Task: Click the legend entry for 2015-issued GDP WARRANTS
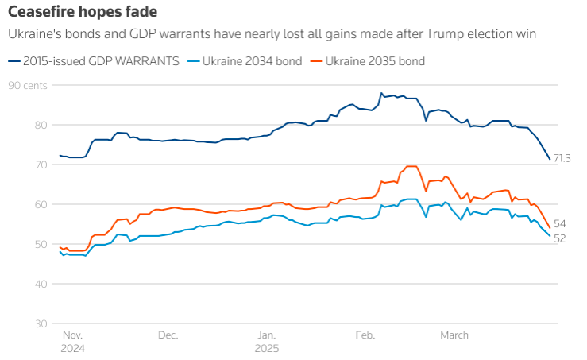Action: tap(100, 61)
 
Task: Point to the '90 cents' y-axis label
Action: tap(29, 85)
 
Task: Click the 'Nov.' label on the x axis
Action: tap(71, 335)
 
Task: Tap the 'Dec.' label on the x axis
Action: tap(168, 335)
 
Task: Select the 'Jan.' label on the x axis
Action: tap(266, 335)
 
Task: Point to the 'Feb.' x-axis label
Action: tap(365, 335)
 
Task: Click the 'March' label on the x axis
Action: tap(455, 335)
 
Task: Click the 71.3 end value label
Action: tap(562, 158)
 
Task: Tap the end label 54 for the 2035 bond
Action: tap(559, 224)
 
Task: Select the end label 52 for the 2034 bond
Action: tap(559, 238)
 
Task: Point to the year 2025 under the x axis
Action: tap(268, 348)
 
